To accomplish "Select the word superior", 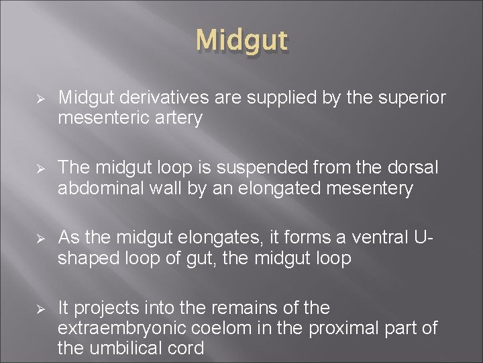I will coord(413,99).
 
